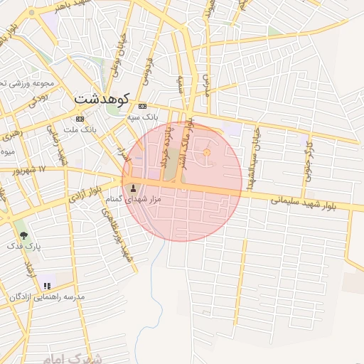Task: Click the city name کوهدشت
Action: pyautogui.click(x=102, y=98)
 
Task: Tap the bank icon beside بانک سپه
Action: pyautogui.click(x=142, y=105)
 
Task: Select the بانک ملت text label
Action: pyautogui.click(x=80, y=129)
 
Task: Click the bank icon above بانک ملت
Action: pyautogui.click(x=79, y=119)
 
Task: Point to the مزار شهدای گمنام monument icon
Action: pyautogui.click(x=134, y=188)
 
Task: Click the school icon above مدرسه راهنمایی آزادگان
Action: pyautogui.click(x=47, y=285)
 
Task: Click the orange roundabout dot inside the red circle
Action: pyautogui.click(x=208, y=153)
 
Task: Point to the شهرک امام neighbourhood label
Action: pyautogui.click(x=71, y=357)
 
